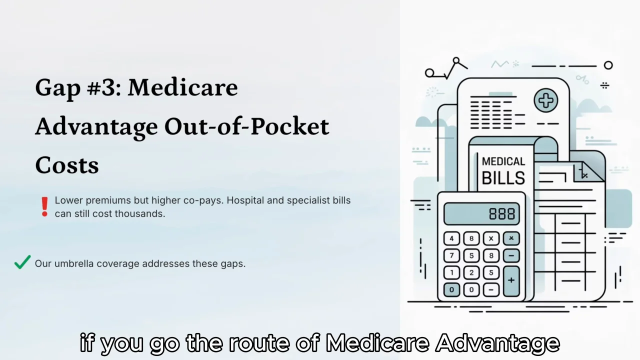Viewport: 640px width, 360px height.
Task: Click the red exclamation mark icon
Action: [44, 206]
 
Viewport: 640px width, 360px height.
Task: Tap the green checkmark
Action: [22, 262]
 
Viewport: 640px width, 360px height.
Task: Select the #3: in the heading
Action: [103, 87]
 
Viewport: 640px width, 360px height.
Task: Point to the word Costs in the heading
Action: [67, 165]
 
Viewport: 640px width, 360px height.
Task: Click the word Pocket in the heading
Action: [289, 126]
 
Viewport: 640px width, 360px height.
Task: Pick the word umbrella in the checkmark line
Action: [74, 263]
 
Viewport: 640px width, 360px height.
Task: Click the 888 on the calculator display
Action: [502, 213]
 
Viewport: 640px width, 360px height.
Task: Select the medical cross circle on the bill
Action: [545, 100]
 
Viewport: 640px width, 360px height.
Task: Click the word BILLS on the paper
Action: [503, 178]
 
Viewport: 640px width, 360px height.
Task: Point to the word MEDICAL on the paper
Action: [503, 161]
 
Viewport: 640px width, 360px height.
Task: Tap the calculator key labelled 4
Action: [451, 238]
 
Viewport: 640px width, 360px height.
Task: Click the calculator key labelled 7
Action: [451, 255]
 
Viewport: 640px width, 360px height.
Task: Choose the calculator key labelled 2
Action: [471, 272]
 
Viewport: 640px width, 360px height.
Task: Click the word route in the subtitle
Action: [259, 342]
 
